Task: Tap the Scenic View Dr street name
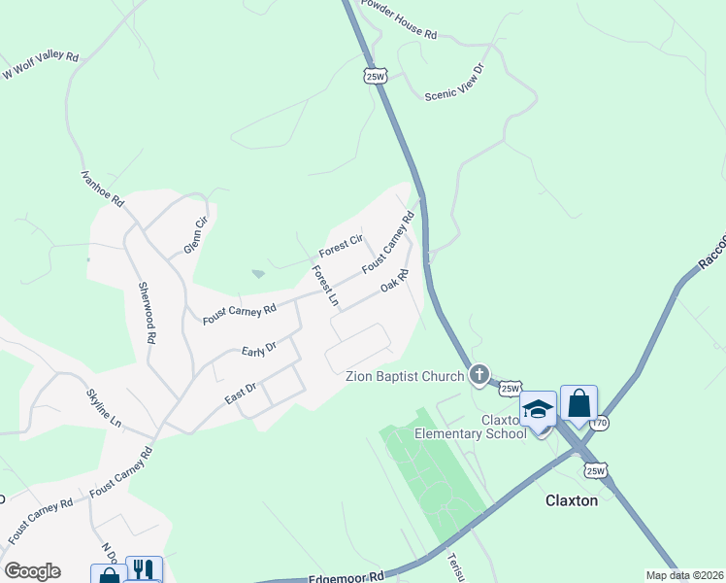tap(454, 83)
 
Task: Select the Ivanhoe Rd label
tap(102, 188)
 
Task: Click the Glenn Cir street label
tap(196, 236)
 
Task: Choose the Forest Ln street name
tap(324, 286)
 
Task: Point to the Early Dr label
tap(259, 349)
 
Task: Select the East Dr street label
tap(240, 390)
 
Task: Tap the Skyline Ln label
tap(104, 409)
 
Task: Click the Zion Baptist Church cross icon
tap(478, 374)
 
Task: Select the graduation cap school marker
tap(538, 409)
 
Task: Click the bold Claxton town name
tap(572, 501)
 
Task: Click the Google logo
tap(32, 571)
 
